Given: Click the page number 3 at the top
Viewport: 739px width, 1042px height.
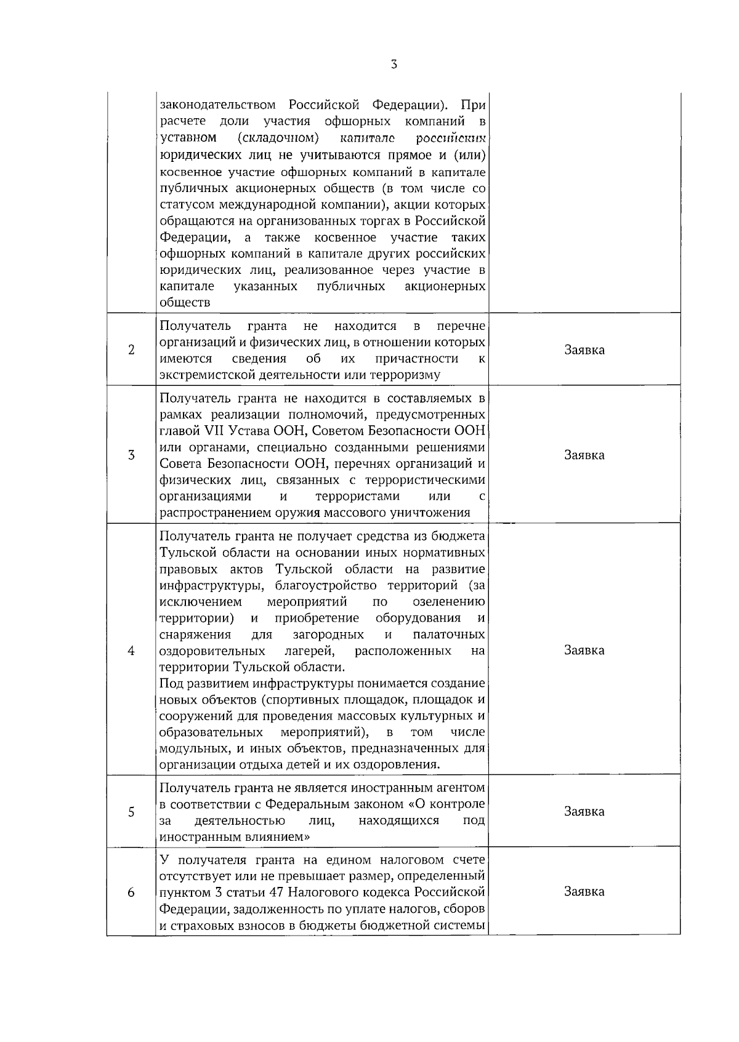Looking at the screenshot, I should pyautogui.click(x=394, y=65).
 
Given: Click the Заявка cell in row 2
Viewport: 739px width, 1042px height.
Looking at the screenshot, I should pyautogui.click(x=584, y=350).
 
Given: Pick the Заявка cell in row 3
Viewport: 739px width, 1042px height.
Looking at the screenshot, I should pyautogui.click(x=584, y=455).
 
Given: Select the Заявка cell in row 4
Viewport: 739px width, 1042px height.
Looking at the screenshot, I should pyautogui.click(x=584, y=651).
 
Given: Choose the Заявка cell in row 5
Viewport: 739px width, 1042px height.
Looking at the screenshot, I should pyautogui.click(x=584, y=812).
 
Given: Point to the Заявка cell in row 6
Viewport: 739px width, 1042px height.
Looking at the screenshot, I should pyautogui.click(x=584, y=892).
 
